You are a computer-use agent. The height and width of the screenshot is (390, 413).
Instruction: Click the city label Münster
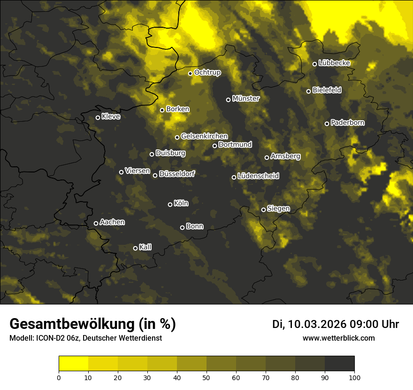[246, 99]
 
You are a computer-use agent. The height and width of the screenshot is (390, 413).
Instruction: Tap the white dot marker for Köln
[170, 204]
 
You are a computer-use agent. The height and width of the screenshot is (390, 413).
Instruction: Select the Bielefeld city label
[327, 90]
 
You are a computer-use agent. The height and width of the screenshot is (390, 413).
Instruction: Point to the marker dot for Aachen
[96, 223]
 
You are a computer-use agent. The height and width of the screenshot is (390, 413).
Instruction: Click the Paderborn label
[347, 123]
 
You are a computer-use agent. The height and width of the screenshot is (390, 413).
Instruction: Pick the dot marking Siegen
[263, 210]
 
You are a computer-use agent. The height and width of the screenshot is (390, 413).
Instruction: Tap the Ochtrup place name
[207, 72]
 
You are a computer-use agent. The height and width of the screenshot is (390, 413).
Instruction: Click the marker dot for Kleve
[98, 117]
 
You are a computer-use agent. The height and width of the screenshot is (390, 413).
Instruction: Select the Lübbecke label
[334, 63]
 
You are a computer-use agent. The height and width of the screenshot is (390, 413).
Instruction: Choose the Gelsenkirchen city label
[204, 136]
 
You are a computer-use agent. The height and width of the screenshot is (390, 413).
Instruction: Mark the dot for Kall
[135, 248]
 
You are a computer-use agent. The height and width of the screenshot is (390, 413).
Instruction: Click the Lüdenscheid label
[258, 176]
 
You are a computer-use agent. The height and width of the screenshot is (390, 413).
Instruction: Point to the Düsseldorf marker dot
[155, 175]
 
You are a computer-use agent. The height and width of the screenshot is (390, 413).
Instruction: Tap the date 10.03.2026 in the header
[317, 324]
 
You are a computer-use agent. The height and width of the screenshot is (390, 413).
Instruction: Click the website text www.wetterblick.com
[338, 338]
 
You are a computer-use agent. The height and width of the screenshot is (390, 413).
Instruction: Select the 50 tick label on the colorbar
[206, 377]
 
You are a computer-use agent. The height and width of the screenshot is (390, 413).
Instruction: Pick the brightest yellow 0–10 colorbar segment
[74, 363]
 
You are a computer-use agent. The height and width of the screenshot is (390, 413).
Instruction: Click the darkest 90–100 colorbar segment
[339, 363]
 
